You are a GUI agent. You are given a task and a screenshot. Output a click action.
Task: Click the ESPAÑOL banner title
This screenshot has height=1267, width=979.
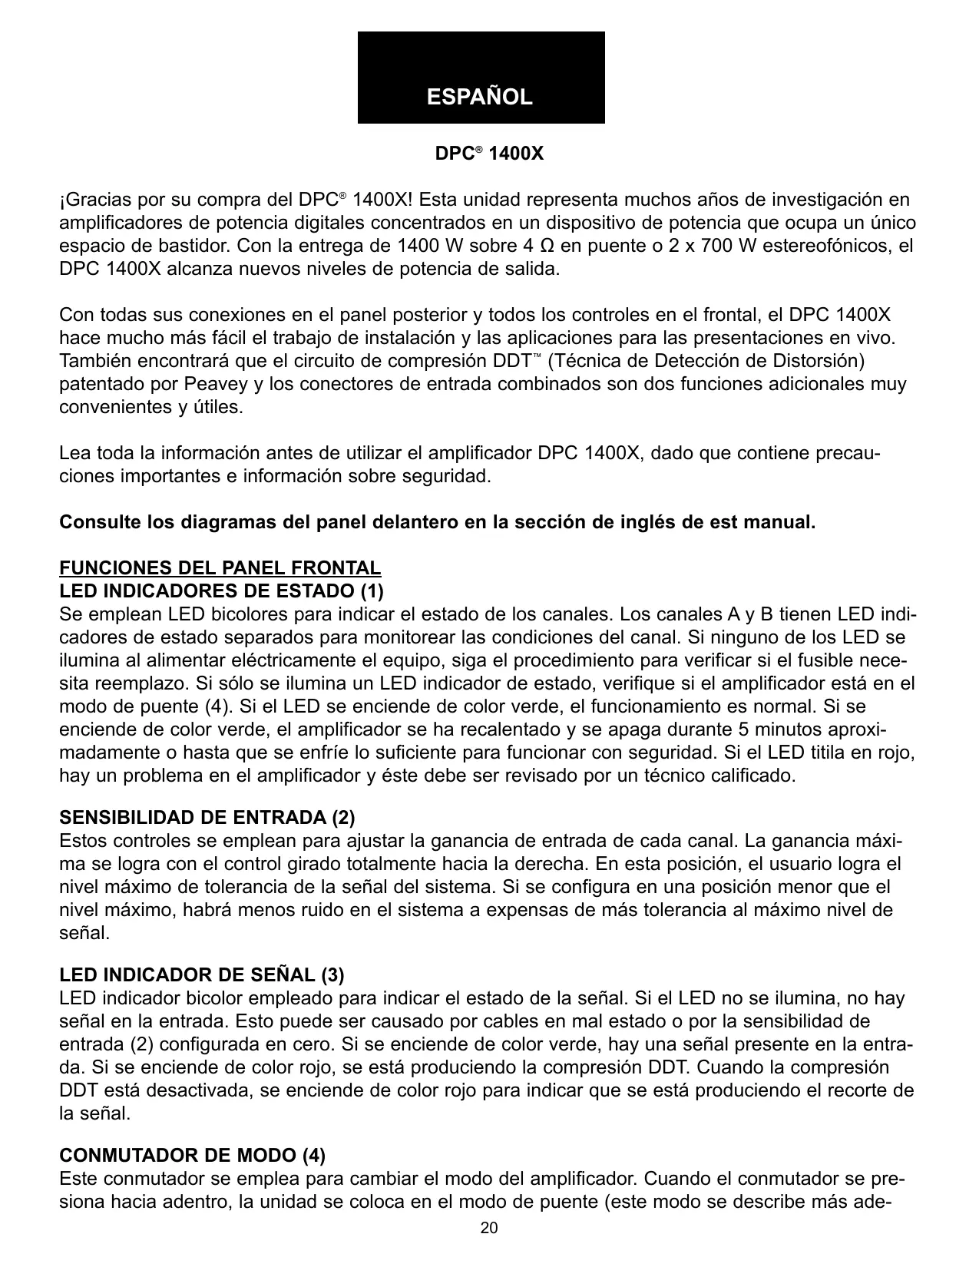tap(480, 98)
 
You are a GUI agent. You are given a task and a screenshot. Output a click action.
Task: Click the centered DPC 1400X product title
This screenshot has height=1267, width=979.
tap(489, 154)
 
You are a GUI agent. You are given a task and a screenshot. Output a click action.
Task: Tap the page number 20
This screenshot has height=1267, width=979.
tap(489, 1228)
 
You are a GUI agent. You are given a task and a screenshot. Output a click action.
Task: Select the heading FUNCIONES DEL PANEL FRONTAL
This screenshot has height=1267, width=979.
tap(220, 568)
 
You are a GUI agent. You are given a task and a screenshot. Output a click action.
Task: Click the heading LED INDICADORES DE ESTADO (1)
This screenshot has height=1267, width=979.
tap(221, 591)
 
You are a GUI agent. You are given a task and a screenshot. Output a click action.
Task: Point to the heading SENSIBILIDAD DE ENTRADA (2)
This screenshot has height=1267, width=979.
tap(207, 816)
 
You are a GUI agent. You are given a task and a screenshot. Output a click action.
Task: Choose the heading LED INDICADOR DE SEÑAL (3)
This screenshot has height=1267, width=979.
tap(202, 975)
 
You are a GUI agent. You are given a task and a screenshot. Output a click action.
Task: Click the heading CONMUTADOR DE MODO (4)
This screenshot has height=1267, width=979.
tap(193, 1156)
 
